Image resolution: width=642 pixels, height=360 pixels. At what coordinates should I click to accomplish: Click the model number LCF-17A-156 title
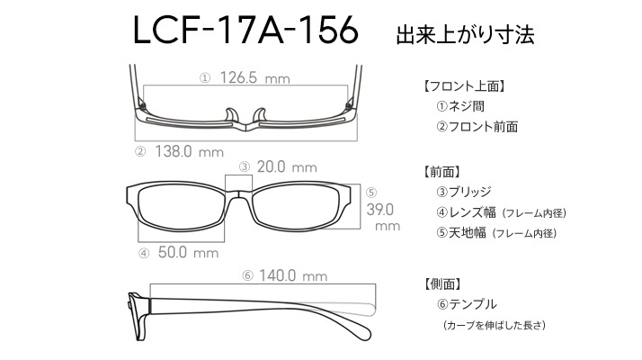245,30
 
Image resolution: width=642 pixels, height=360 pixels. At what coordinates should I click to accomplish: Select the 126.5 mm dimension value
254,77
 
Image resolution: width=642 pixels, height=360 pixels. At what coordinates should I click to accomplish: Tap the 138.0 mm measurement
189,151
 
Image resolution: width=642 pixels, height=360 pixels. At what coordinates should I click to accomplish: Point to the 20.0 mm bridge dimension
287,166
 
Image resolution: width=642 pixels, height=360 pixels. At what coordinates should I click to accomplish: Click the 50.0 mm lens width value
188,252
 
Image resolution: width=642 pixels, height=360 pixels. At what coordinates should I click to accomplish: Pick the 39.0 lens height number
380,210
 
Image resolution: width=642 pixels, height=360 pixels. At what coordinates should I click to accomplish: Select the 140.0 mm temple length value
293,275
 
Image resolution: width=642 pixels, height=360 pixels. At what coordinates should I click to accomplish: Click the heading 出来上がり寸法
465,35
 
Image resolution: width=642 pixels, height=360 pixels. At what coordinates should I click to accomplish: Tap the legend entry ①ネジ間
460,106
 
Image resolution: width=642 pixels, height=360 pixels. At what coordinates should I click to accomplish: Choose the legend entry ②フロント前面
477,126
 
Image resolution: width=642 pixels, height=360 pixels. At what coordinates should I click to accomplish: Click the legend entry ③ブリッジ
463,192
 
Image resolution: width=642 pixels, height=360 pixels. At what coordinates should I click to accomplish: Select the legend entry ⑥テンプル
467,304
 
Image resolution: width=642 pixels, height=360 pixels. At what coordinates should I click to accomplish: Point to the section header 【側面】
442,283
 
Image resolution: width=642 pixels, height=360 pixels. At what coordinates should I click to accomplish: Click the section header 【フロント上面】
464,86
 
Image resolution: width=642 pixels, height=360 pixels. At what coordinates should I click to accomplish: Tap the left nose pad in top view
232,115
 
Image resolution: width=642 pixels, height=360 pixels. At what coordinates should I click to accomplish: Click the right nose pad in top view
260,115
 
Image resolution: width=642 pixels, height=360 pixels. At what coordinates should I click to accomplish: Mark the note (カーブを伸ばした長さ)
495,325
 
